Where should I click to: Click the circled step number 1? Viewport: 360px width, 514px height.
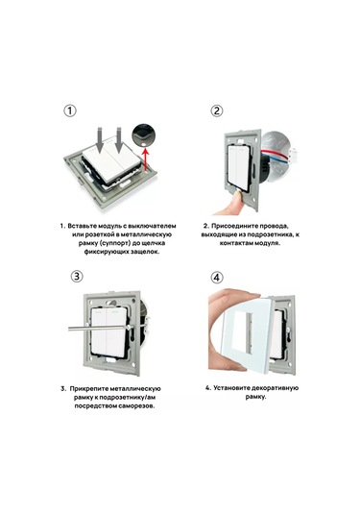pyautogui.click(x=70, y=110)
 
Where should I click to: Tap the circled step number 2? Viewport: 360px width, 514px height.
pyautogui.click(x=217, y=110)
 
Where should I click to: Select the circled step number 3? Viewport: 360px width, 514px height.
pyautogui.click(x=77, y=276)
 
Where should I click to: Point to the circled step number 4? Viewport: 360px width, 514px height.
pyautogui.click(x=217, y=278)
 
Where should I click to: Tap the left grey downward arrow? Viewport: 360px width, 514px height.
pyautogui.click(x=101, y=139)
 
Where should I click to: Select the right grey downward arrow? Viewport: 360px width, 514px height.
pyautogui.click(x=119, y=139)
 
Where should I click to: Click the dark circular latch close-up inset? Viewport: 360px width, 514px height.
pyautogui.click(x=143, y=135)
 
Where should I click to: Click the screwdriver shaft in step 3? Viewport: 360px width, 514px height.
pyautogui.click(x=99, y=328)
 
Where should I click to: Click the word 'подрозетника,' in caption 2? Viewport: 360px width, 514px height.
pyautogui.click(x=269, y=234)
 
